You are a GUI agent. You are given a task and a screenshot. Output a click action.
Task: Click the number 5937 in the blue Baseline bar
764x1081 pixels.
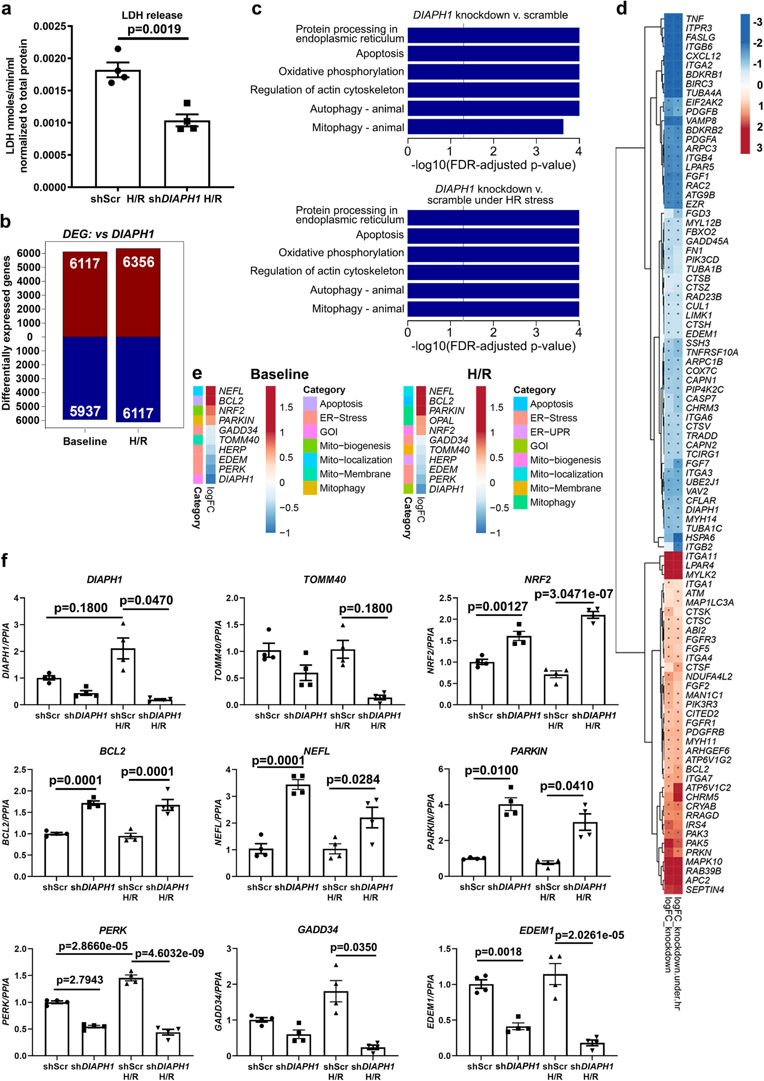coord(85,411)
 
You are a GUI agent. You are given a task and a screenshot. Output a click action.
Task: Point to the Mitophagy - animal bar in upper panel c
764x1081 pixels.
coord(485,127)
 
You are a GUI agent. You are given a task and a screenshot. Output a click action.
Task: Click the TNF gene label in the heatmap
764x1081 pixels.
coord(694,19)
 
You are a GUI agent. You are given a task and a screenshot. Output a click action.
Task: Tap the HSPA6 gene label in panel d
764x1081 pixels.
coord(700,537)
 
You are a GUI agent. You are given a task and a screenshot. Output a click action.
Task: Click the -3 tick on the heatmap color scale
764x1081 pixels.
coord(757,22)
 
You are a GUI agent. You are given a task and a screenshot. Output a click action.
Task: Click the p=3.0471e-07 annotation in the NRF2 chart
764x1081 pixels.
coord(573,594)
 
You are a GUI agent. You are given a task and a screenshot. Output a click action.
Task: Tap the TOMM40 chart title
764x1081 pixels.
coord(324,580)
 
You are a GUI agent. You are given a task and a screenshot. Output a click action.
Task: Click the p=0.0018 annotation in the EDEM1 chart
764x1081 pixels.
coord(498,952)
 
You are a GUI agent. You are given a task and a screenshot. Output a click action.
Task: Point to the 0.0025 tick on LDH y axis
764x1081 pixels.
coord(49,26)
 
